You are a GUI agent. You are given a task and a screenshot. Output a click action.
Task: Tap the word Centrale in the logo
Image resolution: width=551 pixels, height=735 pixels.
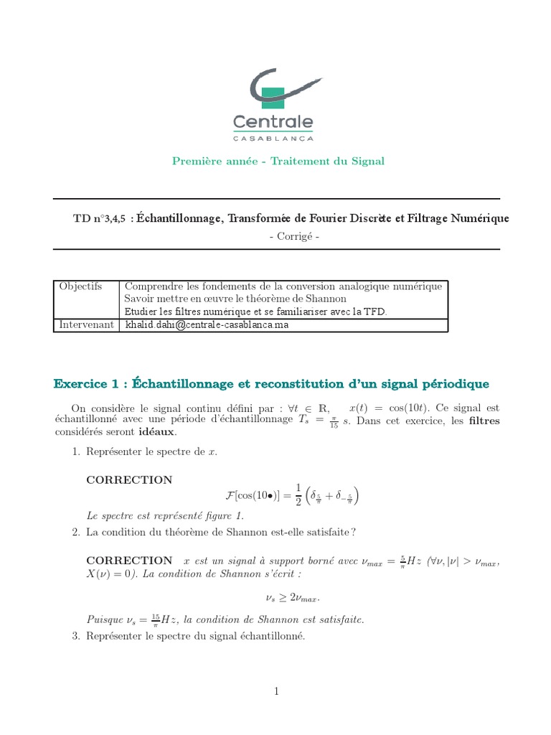pos(273,120)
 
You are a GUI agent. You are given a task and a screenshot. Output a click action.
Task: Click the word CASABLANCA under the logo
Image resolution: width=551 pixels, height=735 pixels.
pos(273,136)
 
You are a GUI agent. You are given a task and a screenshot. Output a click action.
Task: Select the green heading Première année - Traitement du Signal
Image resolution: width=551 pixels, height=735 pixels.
pos(278,161)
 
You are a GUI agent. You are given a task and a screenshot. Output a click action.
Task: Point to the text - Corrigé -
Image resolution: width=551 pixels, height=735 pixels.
pos(277,236)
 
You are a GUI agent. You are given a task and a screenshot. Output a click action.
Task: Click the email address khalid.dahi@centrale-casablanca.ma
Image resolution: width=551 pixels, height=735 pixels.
pos(208,324)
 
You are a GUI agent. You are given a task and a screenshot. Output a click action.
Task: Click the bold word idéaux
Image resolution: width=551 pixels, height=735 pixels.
pos(156,432)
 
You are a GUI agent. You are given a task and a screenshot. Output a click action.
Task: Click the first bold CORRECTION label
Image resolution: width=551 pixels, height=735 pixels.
pos(129,480)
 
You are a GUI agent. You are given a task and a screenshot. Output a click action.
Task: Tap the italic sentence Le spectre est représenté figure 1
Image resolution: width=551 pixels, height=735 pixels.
pos(165,515)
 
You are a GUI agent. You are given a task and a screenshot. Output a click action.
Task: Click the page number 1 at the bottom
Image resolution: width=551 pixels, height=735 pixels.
pos(275,691)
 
